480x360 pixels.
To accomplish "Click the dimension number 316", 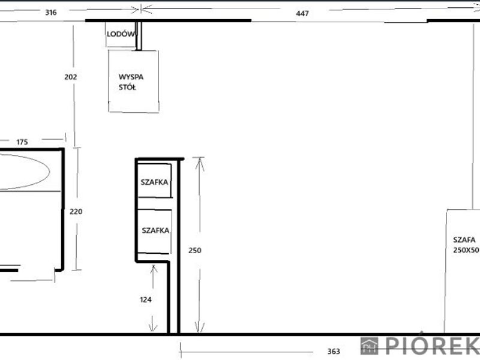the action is tap(51, 13).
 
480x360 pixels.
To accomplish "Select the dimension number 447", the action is tap(302, 13).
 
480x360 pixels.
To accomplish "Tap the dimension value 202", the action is tap(70, 77).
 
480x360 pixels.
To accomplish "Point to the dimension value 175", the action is tap(22, 142).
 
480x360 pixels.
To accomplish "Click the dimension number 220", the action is tap(76, 212).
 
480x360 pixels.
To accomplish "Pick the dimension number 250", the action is tap(194, 250).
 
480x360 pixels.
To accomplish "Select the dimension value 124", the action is tap(145, 299).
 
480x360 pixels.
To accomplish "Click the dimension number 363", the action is tap(334, 352).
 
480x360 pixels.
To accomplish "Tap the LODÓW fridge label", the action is tap(121, 34).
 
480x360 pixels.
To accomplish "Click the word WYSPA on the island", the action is tap(131, 77).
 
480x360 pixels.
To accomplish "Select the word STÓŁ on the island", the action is tap(127, 87).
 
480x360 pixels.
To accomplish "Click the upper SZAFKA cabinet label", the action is tap(154, 182).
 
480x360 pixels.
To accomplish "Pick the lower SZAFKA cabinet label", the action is tap(155, 230).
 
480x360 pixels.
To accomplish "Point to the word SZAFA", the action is tap(464, 239).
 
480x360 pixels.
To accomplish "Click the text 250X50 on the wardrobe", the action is tap(466, 250).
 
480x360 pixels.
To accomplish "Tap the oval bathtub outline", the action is tap(50, 172).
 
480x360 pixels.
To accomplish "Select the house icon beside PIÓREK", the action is tap(369, 346).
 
